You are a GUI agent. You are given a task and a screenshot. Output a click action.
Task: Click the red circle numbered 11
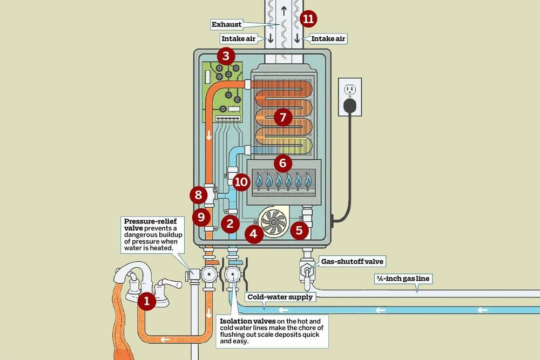tap(308, 19)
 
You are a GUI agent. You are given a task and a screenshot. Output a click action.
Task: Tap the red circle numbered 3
tap(226, 56)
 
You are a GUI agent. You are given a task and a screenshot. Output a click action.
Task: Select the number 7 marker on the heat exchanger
tap(282, 117)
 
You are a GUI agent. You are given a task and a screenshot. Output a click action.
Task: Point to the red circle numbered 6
tap(282, 162)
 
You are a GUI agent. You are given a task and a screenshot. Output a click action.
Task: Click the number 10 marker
tap(241, 181)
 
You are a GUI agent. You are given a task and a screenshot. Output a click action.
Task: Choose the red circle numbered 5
tap(299, 231)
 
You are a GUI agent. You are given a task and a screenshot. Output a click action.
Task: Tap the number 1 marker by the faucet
tap(146, 301)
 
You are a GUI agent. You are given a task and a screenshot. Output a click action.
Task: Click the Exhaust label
tap(226, 25)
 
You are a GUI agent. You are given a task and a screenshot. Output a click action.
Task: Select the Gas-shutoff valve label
tap(352, 262)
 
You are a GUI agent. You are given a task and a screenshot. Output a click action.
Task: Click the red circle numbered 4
tap(254, 234)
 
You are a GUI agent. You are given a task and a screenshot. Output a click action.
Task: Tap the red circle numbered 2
tap(230, 222)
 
